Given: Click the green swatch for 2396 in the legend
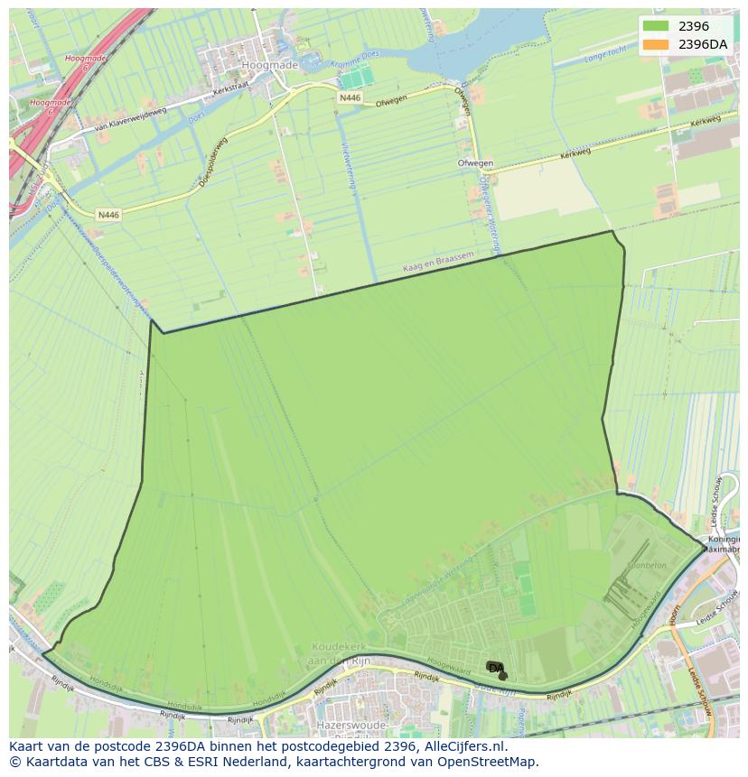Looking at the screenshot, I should [656, 26].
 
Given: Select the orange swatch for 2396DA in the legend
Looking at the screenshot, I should [656, 44].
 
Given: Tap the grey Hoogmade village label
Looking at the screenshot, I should [269, 65].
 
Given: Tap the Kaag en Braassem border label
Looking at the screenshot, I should [438, 263].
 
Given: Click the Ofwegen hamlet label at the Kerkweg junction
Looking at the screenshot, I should [475, 163].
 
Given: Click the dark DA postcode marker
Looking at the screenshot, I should [497, 669].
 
